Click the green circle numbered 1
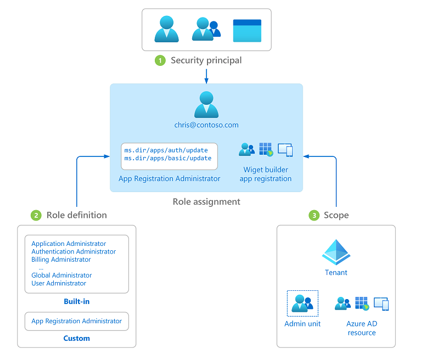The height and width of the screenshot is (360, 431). [160, 60]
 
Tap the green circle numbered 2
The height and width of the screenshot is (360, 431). [36, 215]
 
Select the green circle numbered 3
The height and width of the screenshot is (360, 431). [314, 215]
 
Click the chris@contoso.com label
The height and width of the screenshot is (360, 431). [206, 125]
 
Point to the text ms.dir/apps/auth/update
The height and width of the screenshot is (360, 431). [167, 150]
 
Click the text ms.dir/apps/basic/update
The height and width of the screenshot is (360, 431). [167, 158]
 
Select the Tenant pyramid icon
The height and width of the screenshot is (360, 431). [336, 252]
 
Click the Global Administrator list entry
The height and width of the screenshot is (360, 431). [61, 275]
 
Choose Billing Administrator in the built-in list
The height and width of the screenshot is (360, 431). [61, 260]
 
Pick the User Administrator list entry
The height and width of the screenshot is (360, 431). [59, 283]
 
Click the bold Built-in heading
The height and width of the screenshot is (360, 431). [76, 302]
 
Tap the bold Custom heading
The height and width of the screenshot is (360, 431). [76, 338]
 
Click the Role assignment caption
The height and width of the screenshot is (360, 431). [206, 201]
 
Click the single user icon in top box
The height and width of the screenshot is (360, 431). [166, 30]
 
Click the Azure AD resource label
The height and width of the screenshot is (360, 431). [362, 328]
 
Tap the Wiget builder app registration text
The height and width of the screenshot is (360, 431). [266, 174]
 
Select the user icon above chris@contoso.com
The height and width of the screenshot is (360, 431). [206, 104]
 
